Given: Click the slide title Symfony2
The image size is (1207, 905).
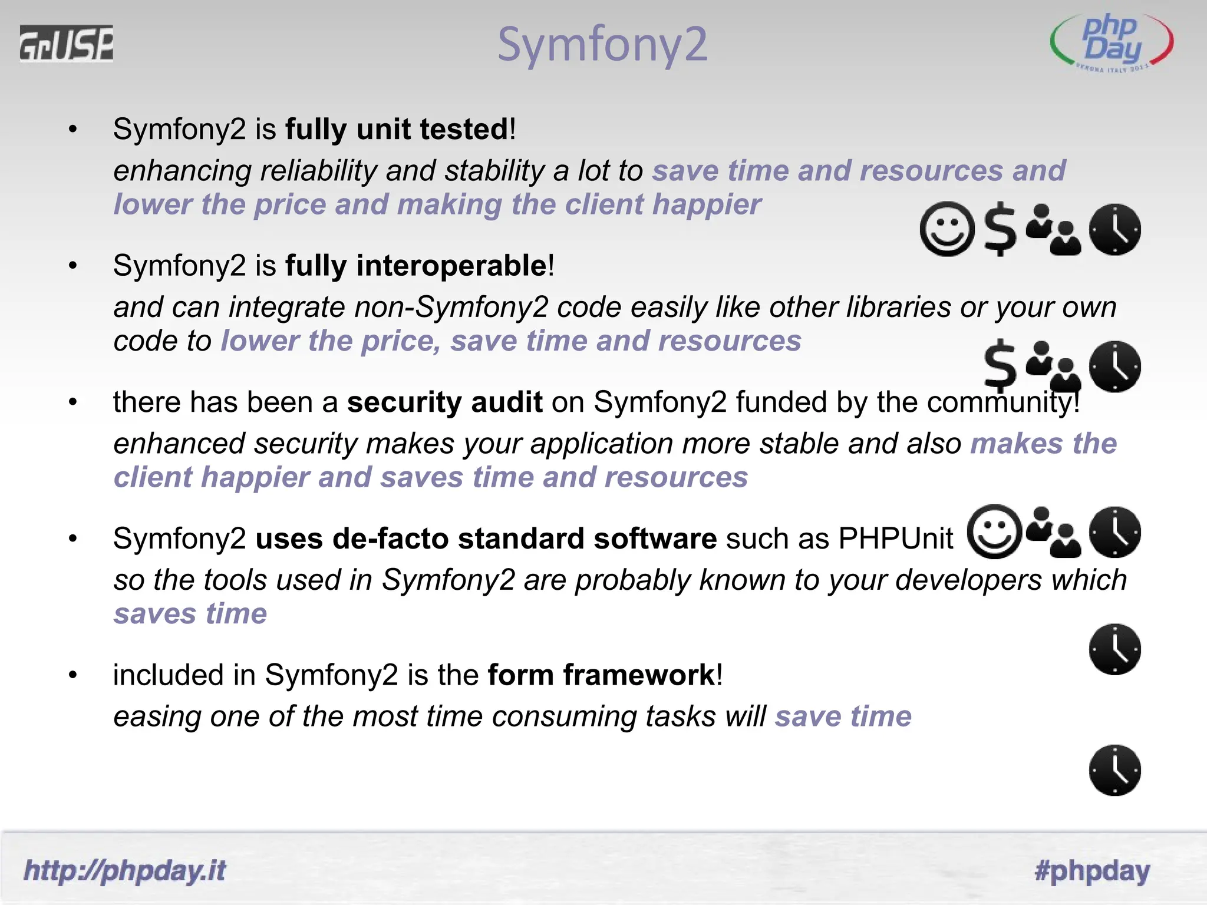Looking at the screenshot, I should (602, 44).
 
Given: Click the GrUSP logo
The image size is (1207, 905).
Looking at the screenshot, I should (66, 43).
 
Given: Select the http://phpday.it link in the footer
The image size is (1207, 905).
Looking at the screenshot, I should (124, 871).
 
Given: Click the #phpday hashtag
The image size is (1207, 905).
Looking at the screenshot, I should (1092, 871).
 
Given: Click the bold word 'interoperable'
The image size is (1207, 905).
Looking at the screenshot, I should (451, 266).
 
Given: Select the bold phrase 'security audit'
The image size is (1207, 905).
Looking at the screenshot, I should (444, 402).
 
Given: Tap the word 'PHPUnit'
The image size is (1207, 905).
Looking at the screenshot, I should (895, 539).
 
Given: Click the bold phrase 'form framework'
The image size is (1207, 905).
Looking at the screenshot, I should (601, 675).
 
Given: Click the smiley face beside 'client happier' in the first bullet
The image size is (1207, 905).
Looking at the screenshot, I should (947, 229).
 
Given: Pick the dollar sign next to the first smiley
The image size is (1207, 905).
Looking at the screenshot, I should (1001, 229).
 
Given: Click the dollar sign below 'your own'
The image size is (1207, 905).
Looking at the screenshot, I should (1000, 366).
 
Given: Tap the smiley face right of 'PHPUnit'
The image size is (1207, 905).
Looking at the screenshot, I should (995, 532).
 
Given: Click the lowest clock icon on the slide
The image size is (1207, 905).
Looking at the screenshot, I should (1114, 770).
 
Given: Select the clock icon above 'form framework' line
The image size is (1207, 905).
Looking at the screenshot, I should (1114, 649).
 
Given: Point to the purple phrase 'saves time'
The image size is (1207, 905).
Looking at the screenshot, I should (190, 614).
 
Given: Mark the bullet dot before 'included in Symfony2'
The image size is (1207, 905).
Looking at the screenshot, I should (72, 675).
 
